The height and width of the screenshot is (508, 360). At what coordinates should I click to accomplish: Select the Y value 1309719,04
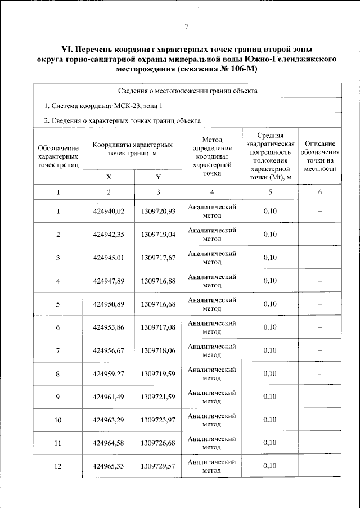click(x=158, y=235)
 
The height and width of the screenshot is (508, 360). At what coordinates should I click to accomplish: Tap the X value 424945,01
click(x=109, y=258)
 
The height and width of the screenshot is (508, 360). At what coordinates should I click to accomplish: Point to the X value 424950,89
click(x=109, y=304)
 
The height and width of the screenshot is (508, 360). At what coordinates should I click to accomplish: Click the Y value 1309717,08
click(x=158, y=327)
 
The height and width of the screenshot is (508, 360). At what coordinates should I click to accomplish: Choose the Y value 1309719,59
click(x=158, y=373)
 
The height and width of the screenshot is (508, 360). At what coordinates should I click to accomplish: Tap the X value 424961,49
click(x=109, y=397)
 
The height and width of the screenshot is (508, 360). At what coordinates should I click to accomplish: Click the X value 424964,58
click(x=109, y=443)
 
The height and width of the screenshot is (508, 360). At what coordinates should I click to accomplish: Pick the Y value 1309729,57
click(x=158, y=466)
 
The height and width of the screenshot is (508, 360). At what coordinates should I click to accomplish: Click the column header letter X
click(x=109, y=177)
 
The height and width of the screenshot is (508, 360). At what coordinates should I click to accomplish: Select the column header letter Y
click(x=158, y=177)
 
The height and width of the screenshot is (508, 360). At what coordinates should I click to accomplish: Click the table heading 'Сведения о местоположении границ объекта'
click(x=188, y=90)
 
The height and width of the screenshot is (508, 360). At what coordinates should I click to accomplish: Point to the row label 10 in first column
click(x=58, y=420)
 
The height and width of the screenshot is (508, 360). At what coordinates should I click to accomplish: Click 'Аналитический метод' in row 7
click(x=211, y=350)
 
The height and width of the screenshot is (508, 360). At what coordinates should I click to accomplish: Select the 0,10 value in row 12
click(x=269, y=466)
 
